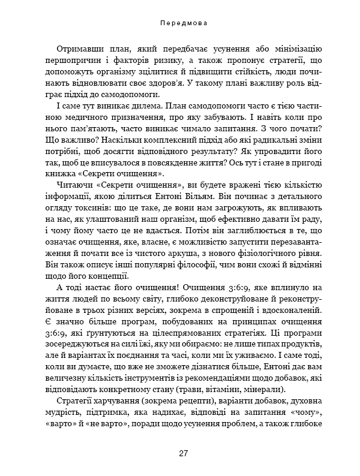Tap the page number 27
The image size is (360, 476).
tap(184, 453)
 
